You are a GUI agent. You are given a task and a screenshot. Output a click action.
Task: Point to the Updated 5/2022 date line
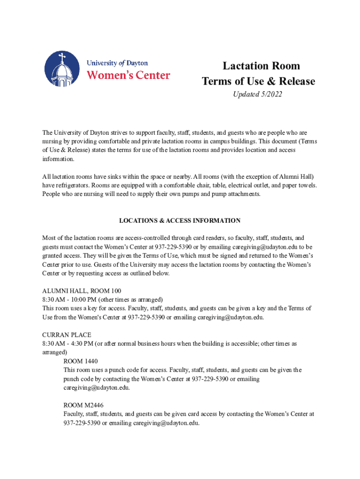point(258,95)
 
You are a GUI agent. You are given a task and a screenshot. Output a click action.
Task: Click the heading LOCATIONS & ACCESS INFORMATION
point(180,220)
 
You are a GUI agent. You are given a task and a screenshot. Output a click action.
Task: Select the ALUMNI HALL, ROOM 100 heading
point(81,290)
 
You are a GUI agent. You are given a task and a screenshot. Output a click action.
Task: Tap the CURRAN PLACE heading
point(67,335)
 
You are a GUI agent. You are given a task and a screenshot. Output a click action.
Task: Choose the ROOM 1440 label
point(80,361)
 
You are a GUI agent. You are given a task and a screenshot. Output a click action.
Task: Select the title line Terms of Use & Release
point(259,81)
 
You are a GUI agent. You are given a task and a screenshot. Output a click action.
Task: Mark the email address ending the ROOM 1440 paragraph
point(96,388)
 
